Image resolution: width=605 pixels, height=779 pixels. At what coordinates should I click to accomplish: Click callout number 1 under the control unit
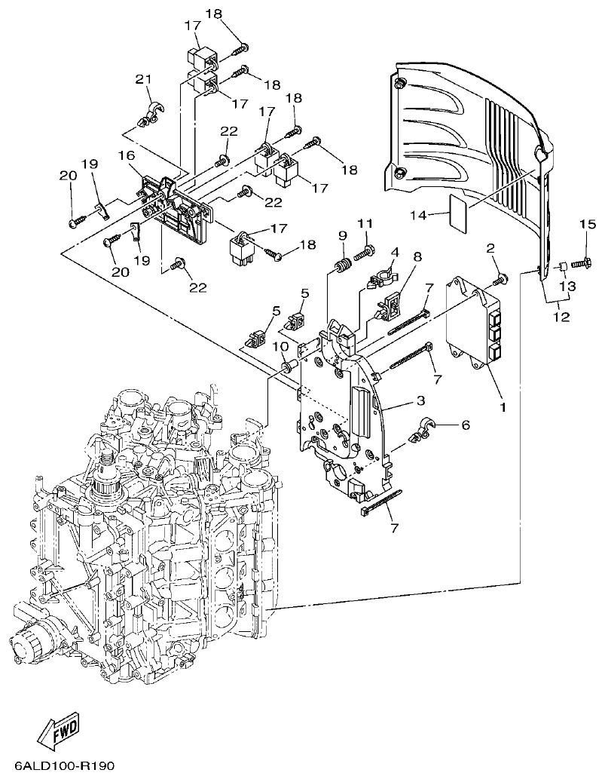[x=503, y=407]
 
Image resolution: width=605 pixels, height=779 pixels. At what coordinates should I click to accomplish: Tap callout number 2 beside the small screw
[x=490, y=248]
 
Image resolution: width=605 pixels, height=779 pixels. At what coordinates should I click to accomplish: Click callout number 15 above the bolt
[x=587, y=224]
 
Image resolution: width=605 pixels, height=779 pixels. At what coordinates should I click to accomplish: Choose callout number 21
[x=143, y=79]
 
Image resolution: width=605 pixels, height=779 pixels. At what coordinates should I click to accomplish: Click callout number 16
[x=126, y=155]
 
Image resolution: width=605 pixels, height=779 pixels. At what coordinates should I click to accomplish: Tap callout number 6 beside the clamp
[x=465, y=425]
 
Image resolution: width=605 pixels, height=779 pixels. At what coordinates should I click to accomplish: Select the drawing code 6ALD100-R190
[x=59, y=765]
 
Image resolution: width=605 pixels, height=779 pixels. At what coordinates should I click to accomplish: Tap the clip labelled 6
[x=419, y=431]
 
